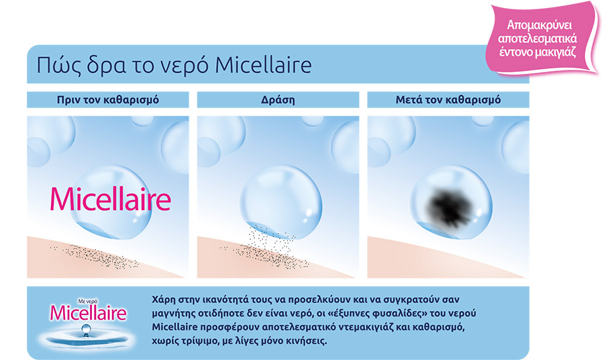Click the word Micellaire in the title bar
[263, 64]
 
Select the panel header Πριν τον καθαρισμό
[108, 100]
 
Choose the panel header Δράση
[278, 100]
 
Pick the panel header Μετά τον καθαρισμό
[448, 100]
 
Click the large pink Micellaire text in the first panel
[111, 199]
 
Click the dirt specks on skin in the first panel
[95, 256]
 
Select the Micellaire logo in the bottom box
[88, 312]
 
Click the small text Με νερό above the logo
[88, 301]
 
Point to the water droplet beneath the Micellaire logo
[86, 330]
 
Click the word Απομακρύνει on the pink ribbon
[540, 25]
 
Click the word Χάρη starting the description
[164, 300]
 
